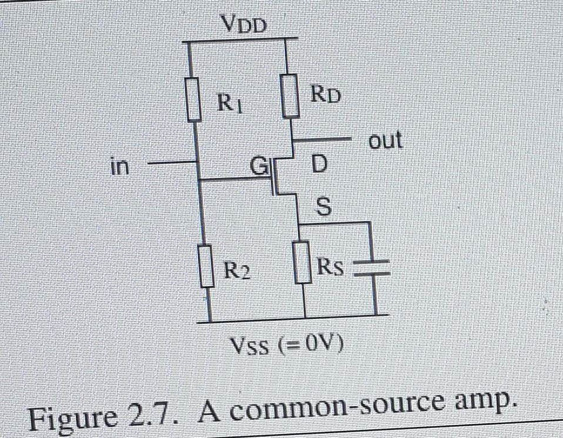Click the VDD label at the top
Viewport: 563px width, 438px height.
244,24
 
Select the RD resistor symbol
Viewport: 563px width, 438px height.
289,95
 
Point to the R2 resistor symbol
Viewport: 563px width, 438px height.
206,267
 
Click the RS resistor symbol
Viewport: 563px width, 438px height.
303,263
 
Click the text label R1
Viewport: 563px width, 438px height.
226,104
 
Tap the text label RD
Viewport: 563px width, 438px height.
325,93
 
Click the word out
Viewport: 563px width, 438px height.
385,140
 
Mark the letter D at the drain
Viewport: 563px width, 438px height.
317,165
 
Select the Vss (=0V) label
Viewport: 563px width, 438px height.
286,348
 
